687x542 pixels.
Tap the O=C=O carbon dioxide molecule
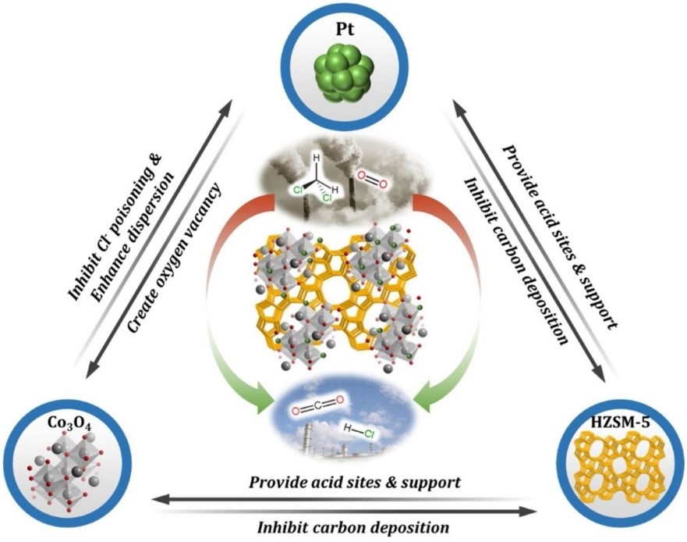317,407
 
